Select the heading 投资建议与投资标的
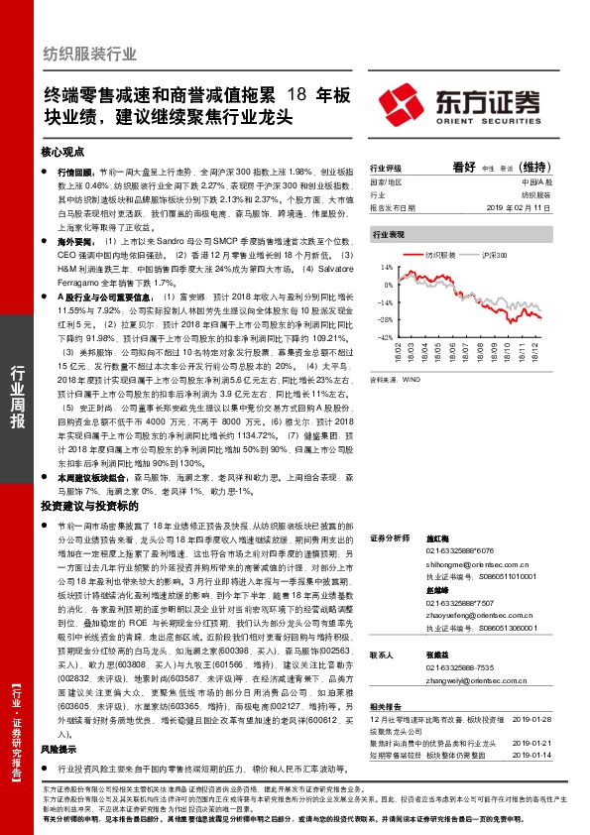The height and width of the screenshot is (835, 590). tap(83, 506)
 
